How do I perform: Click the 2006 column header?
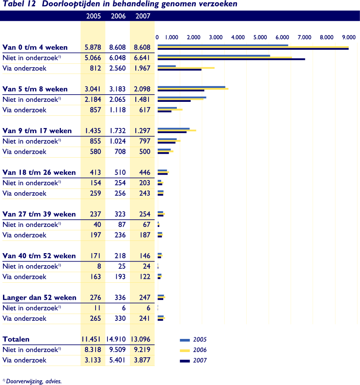(118, 16)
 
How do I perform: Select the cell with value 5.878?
(93, 48)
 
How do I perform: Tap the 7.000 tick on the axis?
(305, 37)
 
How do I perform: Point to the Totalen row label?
(16, 339)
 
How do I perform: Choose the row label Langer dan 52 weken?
(40, 298)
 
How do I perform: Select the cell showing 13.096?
(141, 339)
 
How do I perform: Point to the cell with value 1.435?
(93, 131)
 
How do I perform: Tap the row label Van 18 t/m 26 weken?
(39, 172)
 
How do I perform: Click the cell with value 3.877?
(142, 360)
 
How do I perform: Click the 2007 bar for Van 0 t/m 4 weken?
(253, 49)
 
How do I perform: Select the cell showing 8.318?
(93, 350)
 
